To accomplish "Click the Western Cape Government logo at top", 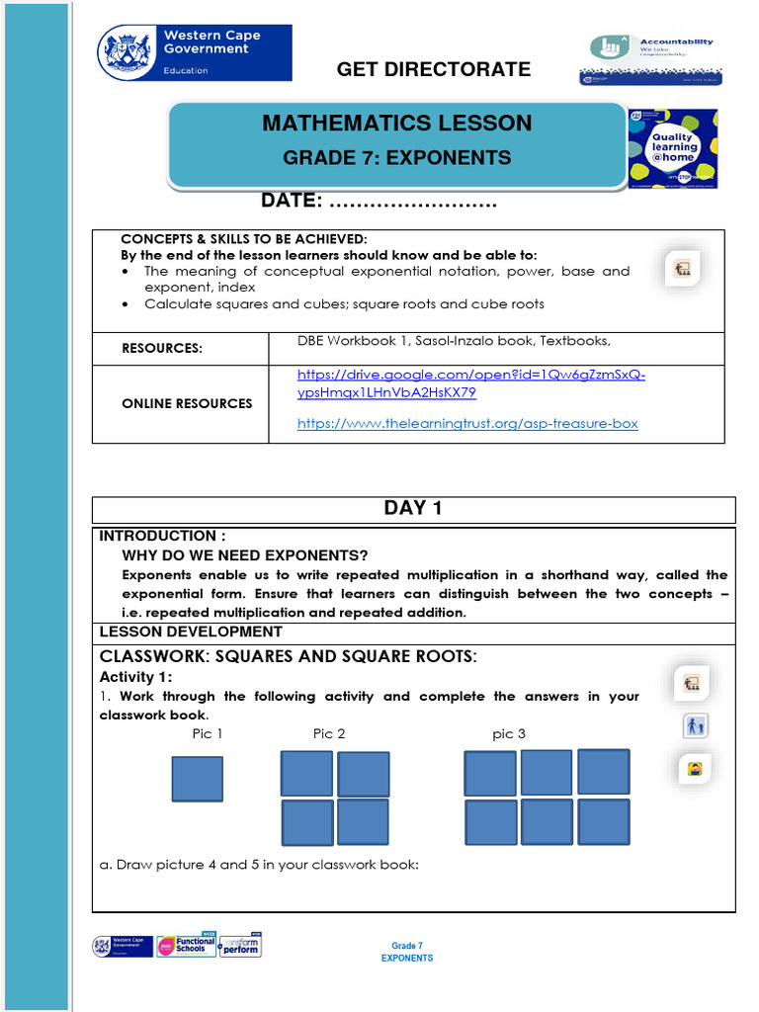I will click(195, 52).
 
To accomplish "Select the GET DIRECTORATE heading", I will click(434, 69).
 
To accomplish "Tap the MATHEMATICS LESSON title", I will click(396, 124).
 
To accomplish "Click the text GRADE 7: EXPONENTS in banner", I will click(396, 158).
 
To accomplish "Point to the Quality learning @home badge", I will click(673, 149).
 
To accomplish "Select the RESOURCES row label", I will click(162, 348).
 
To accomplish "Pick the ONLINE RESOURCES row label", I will click(187, 403).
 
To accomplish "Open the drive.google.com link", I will click(471, 383).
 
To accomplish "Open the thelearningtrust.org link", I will click(467, 423).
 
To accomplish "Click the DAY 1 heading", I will click(413, 508).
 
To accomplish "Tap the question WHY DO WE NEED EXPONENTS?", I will click(245, 555).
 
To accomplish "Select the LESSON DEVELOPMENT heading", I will click(191, 632).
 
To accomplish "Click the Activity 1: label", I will click(135, 677).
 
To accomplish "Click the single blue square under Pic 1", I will click(197, 779).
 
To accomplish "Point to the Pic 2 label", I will click(329, 733).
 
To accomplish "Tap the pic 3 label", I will click(509, 733).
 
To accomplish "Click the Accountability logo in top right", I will click(650, 59).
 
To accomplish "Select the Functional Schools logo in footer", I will click(186, 946).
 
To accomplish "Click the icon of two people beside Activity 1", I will click(695, 726).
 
